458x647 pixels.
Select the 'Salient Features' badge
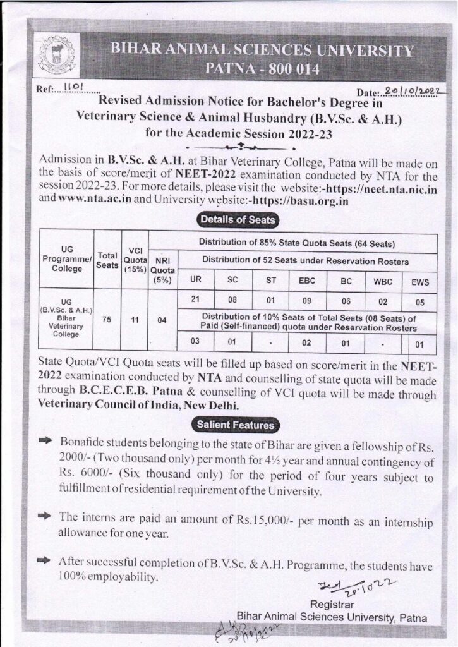click(x=235, y=425)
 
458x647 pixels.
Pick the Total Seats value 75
click(x=107, y=319)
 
